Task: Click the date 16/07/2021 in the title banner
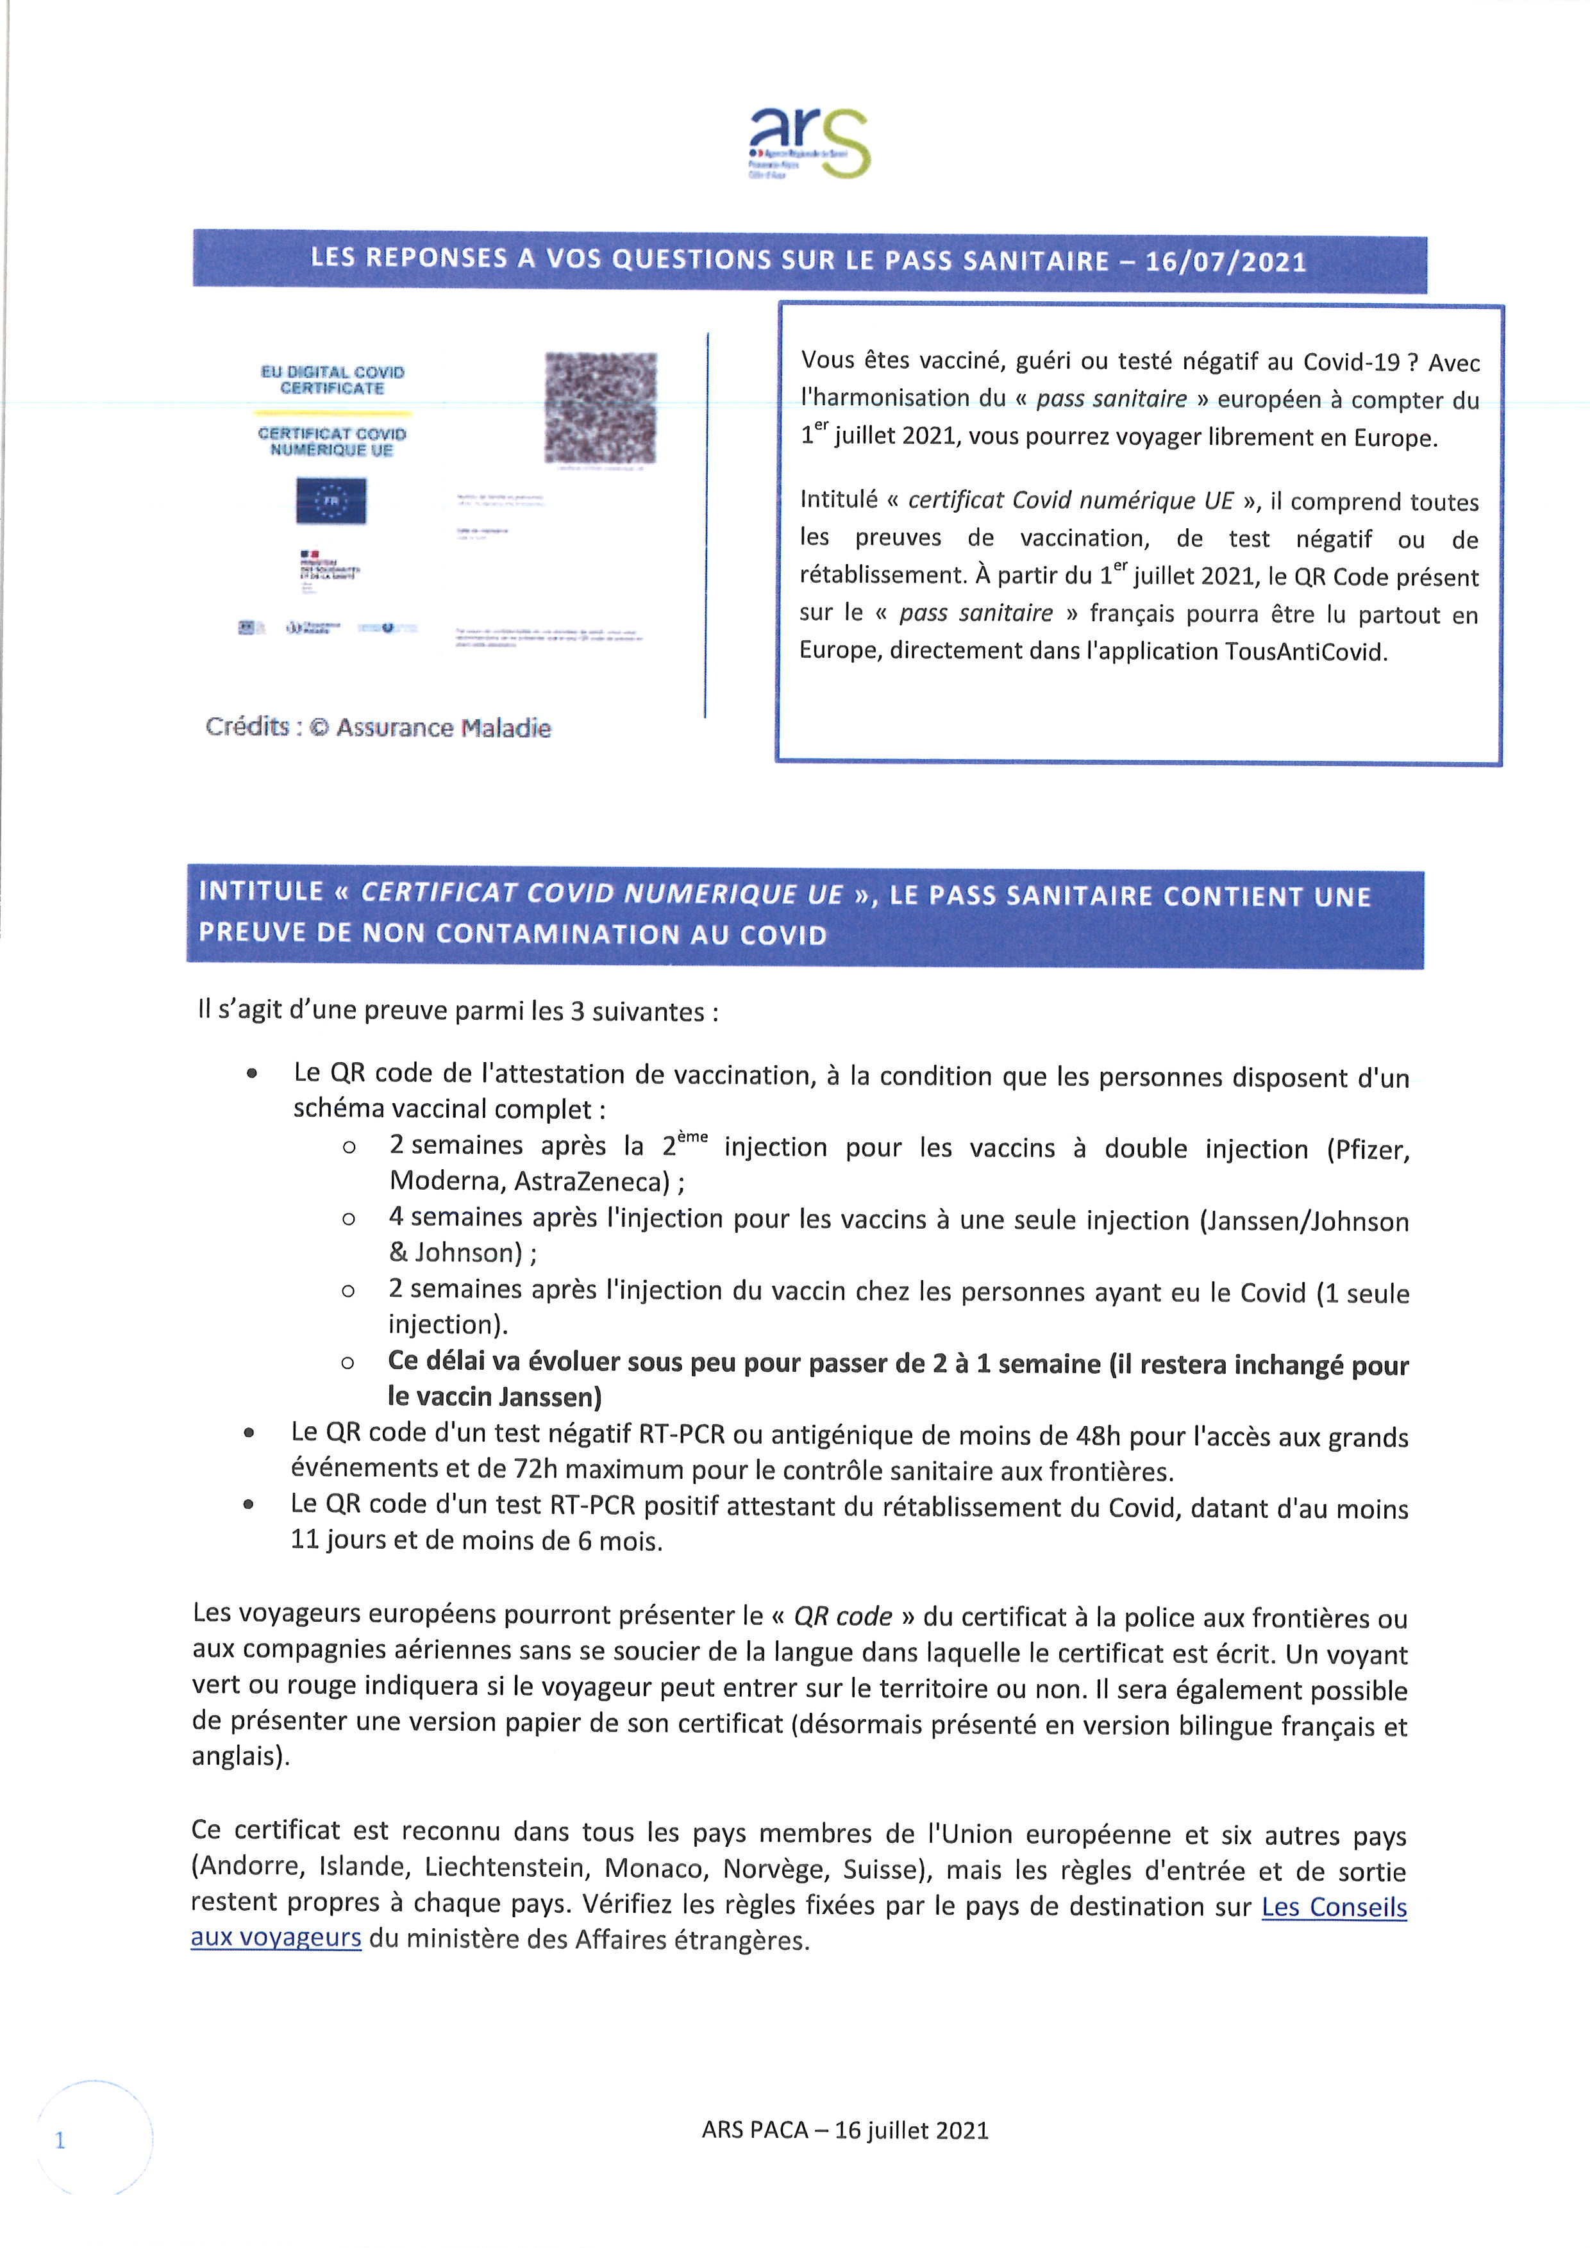[1226, 262]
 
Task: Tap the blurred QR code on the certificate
[600, 407]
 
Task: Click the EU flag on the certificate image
[331, 501]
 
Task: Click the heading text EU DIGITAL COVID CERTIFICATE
[333, 380]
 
